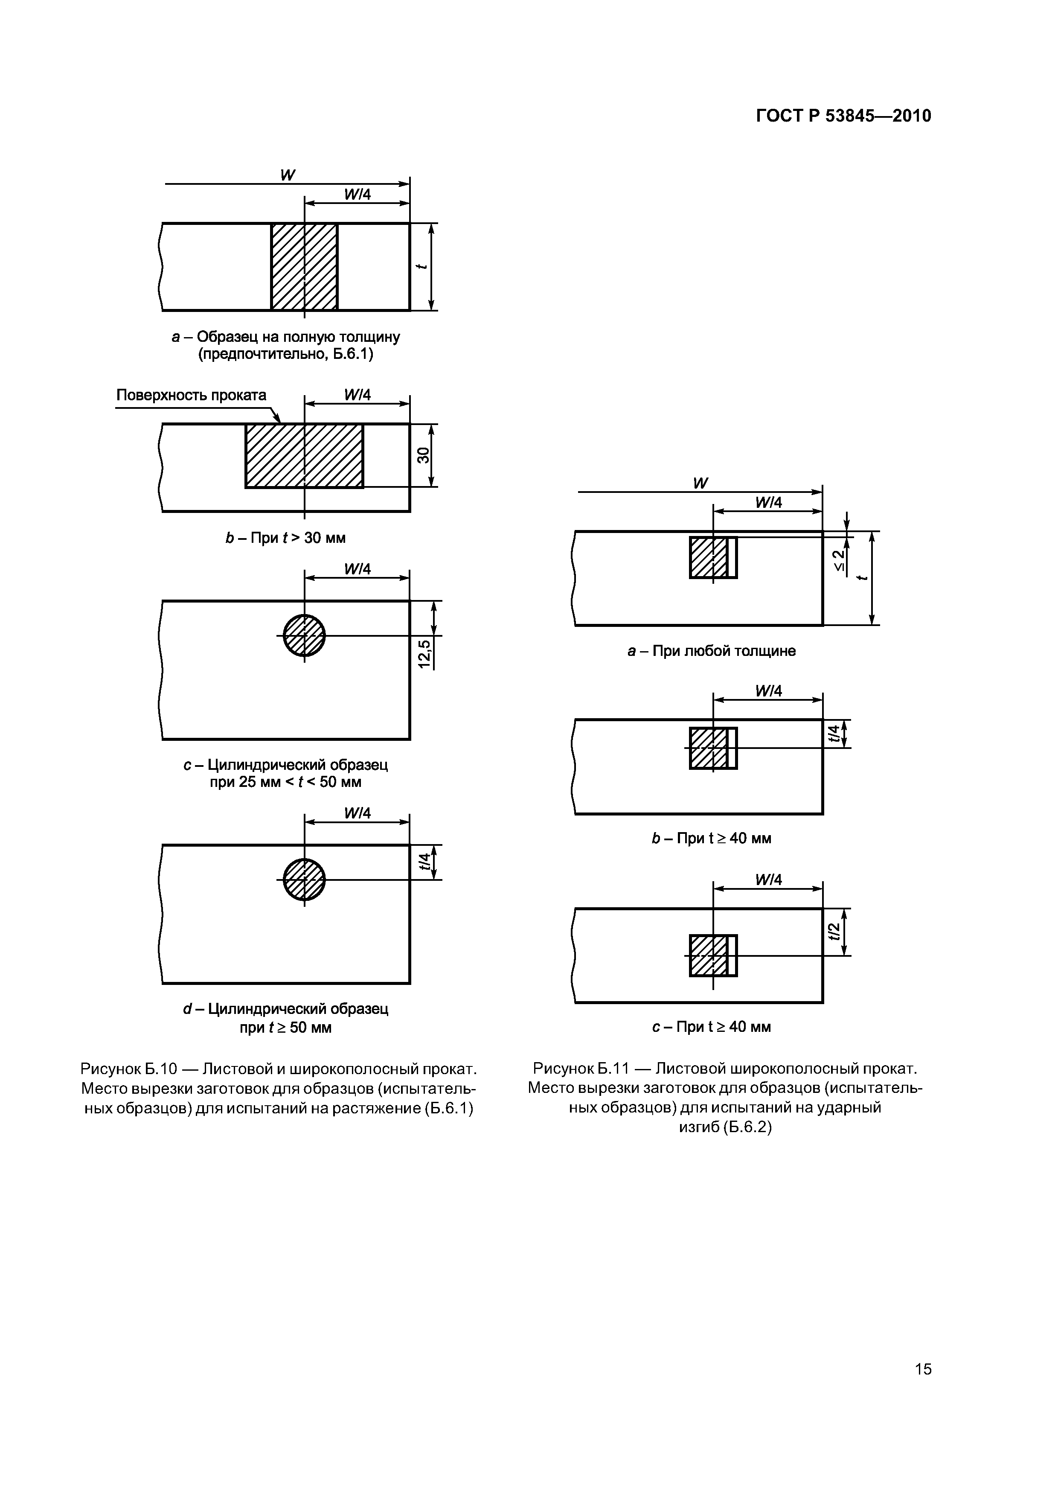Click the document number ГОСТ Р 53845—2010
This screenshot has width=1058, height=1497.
coord(843,116)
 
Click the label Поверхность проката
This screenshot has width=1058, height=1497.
coord(191,395)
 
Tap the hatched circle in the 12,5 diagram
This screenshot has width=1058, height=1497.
coord(304,636)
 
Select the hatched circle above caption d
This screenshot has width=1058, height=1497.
coord(304,880)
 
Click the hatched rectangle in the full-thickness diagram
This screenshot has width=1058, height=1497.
coord(304,267)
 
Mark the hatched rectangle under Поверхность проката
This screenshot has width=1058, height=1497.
coord(304,456)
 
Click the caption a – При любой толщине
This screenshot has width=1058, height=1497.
coord(711,651)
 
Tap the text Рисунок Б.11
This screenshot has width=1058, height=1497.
coord(580,1069)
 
